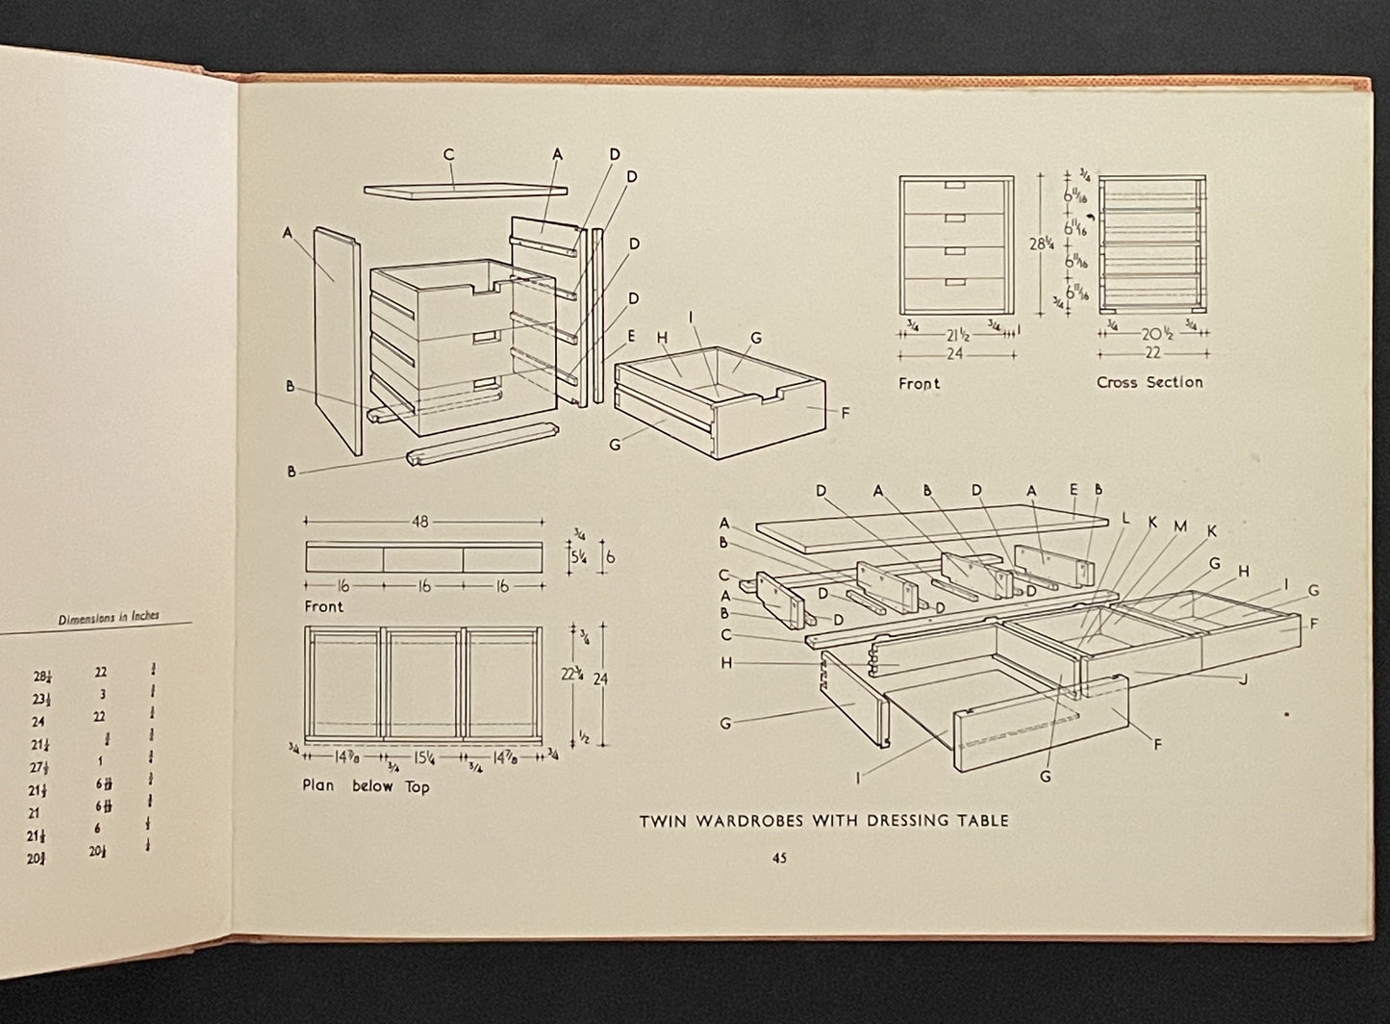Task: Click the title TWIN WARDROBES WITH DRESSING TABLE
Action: pos(824,821)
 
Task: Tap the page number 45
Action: pos(779,858)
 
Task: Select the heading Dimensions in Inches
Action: pos(106,617)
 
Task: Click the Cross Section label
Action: pos(1150,382)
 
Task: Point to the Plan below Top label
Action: pos(366,786)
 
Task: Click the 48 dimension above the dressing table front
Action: pos(420,522)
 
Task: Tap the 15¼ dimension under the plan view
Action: pos(424,755)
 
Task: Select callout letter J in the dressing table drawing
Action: pos(1244,679)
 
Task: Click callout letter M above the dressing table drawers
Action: pos(1180,525)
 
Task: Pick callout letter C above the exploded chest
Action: pos(448,154)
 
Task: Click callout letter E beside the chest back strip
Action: pos(631,337)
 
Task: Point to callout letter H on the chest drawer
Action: pos(662,338)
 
